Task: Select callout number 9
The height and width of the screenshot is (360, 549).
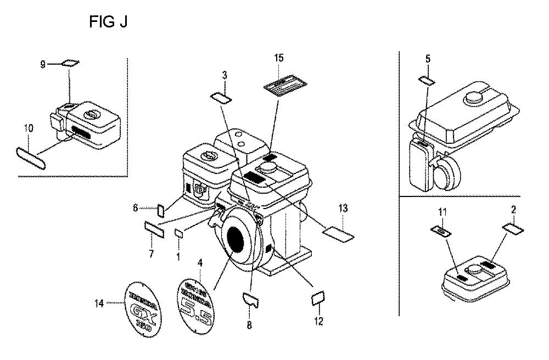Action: tap(43, 64)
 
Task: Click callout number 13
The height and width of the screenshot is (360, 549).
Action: tap(343, 208)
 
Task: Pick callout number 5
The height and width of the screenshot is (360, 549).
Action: tap(428, 58)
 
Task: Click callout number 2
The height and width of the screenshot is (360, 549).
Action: tap(513, 209)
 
